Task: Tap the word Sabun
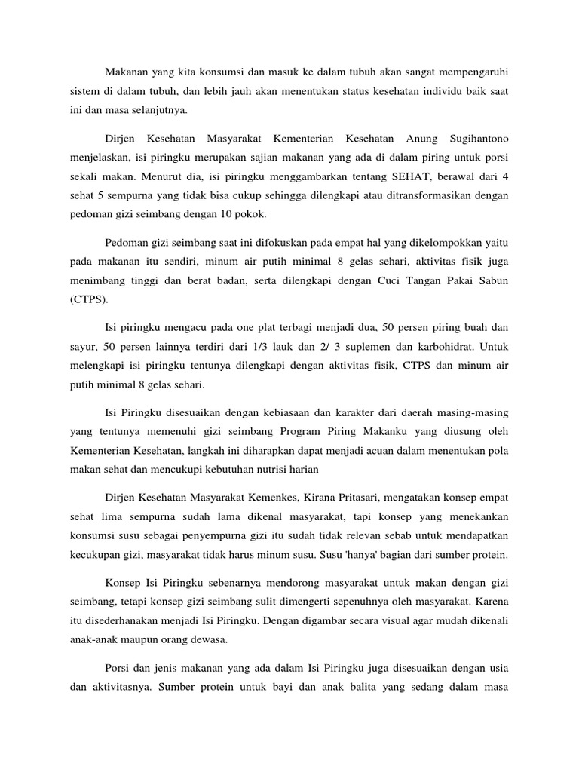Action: coord(492,280)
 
